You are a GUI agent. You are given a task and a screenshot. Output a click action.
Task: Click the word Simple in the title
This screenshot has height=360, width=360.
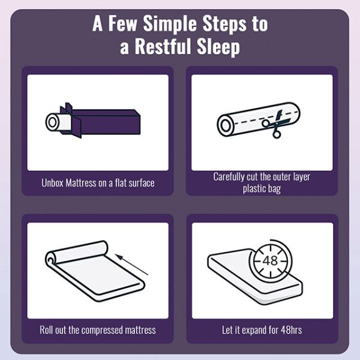pyautogui.click(x=170, y=23)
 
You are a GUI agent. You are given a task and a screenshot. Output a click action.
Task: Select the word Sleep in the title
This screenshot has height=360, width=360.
pyautogui.click(x=218, y=47)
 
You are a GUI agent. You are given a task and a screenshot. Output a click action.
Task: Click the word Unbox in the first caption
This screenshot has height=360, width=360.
pyautogui.click(x=52, y=183)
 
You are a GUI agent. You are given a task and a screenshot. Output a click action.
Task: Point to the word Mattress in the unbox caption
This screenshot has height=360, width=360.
pyautogui.click(x=81, y=183)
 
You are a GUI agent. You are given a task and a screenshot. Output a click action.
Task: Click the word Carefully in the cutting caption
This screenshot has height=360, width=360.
pyautogui.click(x=229, y=177)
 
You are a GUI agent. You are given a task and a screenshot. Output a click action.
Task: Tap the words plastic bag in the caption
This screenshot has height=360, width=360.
pyautogui.click(x=262, y=189)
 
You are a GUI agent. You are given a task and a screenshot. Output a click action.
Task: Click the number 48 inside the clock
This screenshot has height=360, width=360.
pyautogui.click(x=270, y=260)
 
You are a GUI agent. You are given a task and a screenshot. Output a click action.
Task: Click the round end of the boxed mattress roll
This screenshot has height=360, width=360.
pyautogui.click(x=52, y=122)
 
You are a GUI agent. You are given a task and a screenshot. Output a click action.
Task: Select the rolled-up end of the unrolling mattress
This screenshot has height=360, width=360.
pyautogui.click(x=77, y=254)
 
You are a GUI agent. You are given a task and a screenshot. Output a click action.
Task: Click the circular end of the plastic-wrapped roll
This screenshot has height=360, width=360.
pyautogui.click(x=226, y=125)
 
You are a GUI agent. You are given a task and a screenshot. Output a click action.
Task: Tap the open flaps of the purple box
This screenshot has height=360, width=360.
pyautogui.click(x=71, y=120)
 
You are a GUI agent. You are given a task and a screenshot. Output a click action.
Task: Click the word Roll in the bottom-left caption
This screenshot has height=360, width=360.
pyautogui.click(x=46, y=330)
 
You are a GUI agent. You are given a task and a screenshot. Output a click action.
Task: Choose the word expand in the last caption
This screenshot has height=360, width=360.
pyautogui.click(x=254, y=331)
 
